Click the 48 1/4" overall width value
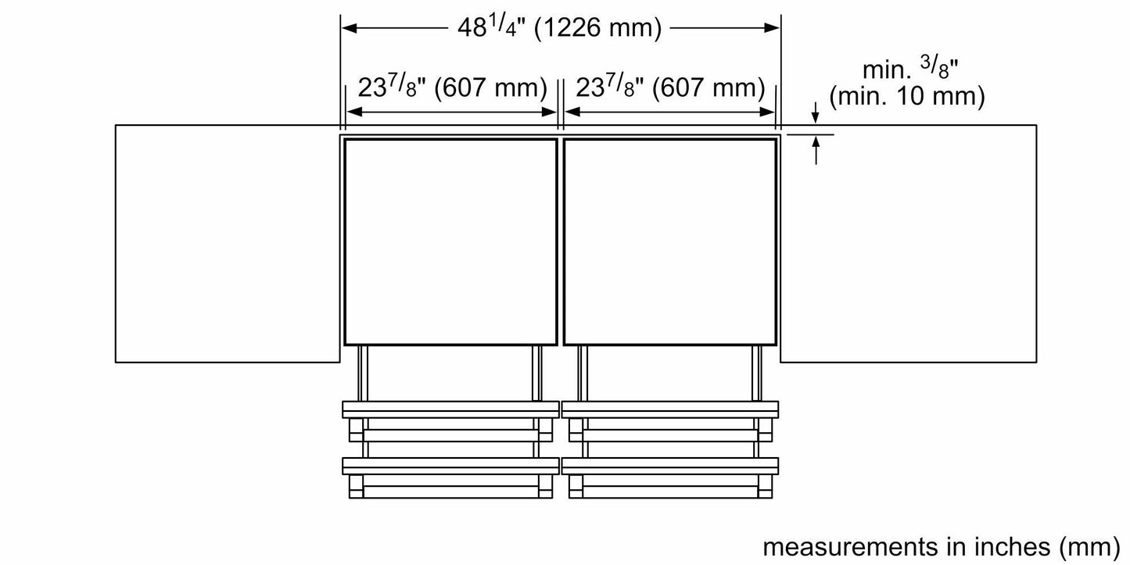click(484, 28)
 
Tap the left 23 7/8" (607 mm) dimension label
click(452, 88)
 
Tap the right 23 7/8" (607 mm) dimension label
click(670, 88)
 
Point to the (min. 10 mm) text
click(906, 97)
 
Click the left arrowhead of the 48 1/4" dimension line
click(350, 28)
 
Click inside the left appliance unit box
click(450, 241)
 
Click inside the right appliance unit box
click(669, 241)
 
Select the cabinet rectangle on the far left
click(227, 243)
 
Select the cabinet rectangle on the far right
click(909, 243)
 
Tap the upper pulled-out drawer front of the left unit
click(450, 409)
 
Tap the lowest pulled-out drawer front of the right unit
click(669, 466)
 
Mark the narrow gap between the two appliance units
click(560, 241)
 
